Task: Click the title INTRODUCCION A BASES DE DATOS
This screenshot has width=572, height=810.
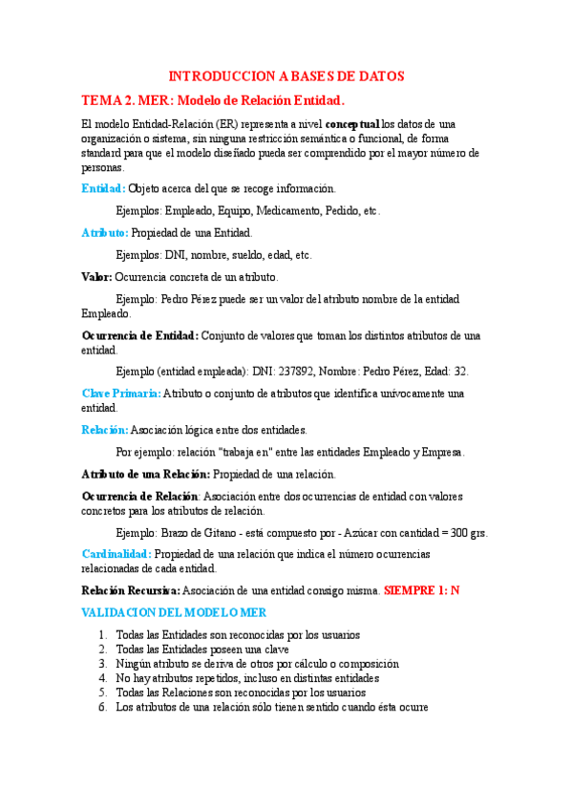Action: [286, 75]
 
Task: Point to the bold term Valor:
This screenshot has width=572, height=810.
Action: [96, 276]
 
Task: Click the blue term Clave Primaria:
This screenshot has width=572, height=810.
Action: [121, 393]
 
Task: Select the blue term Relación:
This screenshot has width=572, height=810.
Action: [104, 430]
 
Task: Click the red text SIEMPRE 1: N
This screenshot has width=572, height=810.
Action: [421, 590]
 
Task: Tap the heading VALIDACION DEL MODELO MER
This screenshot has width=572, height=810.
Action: [174, 612]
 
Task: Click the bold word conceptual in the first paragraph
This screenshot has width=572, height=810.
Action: [352, 124]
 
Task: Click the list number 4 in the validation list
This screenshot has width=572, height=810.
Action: [101, 678]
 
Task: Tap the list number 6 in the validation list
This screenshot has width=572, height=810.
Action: [101, 707]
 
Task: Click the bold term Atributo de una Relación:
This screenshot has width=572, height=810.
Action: [145, 474]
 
